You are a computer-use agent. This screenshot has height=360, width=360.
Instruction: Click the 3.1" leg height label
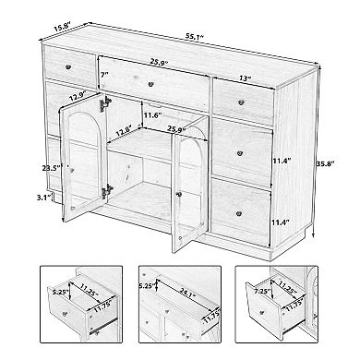37,198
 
